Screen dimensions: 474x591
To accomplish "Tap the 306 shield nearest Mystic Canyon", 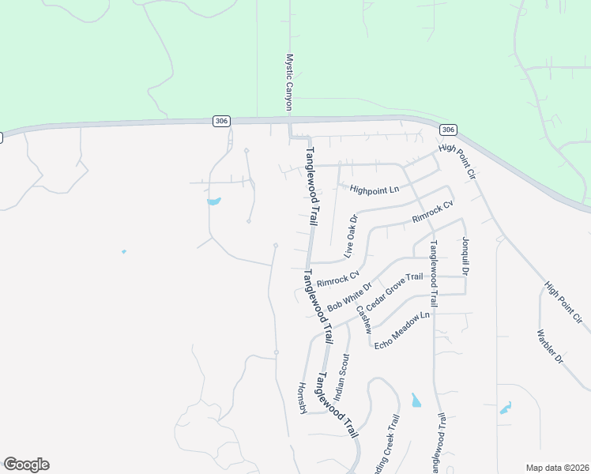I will (x=221, y=120).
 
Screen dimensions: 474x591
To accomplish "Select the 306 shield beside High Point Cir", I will (x=448, y=130).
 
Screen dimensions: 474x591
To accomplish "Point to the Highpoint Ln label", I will (x=375, y=190).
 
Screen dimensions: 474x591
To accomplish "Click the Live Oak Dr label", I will (x=352, y=235).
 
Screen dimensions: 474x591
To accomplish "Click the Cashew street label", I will (x=363, y=320).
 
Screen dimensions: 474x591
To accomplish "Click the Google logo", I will (x=26, y=465).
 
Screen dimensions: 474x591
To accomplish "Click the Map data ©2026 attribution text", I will (x=557, y=468).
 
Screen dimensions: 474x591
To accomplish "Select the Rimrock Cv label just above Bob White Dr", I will (x=338, y=280).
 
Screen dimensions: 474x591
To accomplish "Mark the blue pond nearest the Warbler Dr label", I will (x=506, y=408).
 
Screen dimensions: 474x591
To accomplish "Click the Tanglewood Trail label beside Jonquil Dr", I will (x=433, y=273).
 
